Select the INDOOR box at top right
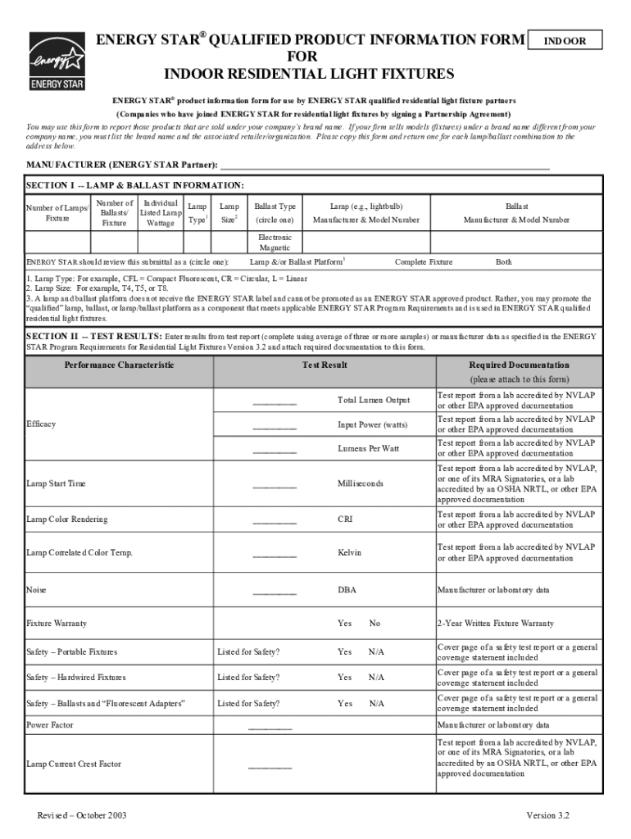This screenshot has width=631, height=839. tap(566, 40)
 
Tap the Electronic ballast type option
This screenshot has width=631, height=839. tap(275, 238)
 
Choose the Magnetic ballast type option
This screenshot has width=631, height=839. tap(275, 247)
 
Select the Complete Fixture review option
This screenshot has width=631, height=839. tap(424, 262)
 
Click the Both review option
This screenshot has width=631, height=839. tap(504, 262)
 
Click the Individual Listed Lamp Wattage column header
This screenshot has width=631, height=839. tap(161, 213)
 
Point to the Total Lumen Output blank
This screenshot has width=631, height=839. tap(275, 401)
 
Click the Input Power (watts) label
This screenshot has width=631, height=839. tap(373, 425)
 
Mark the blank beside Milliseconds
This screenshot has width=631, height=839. tap(275, 485)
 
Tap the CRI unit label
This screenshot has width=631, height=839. tap(345, 519)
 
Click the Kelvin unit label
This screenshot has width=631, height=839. tap(349, 553)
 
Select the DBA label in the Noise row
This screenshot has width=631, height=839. tap(347, 590)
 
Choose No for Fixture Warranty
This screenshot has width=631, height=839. tap(375, 624)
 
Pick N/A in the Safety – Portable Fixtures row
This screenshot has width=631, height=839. tap(376, 652)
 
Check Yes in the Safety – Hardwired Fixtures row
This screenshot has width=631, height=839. tap(345, 678)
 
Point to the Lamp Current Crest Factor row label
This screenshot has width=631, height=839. tap(74, 764)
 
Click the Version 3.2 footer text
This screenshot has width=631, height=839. tap(547, 816)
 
